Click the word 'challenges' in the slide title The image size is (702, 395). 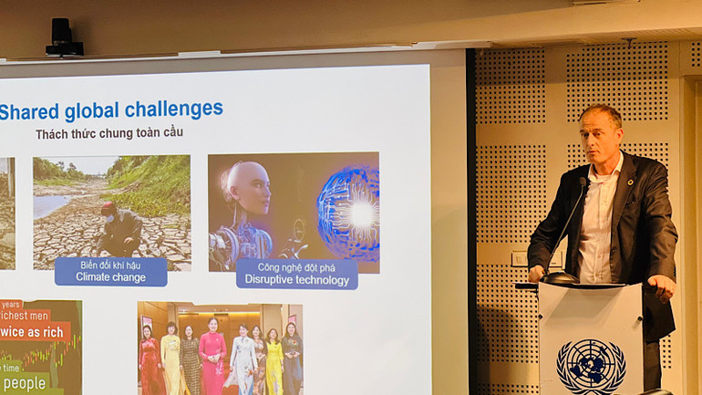[x=173, y=109]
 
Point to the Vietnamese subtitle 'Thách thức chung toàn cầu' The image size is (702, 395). [x=109, y=133]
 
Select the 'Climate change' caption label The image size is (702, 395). [x=110, y=272]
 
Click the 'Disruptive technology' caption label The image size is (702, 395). [x=296, y=275]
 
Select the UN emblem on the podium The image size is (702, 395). [x=591, y=366]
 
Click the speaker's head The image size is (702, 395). [x=603, y=134]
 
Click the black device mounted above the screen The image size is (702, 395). [x=64, y=38]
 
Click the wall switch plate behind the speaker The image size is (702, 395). [x=519, y=259]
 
